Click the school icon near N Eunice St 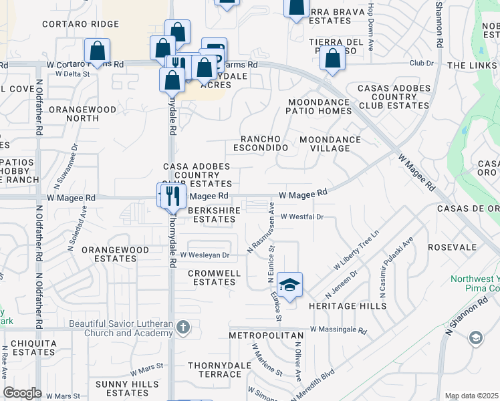pos(289,285)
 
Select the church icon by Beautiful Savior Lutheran pos(184,327)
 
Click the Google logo pos(22,393)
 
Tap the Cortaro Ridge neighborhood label pos(80,24)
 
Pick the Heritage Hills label pos(348,305)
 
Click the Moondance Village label pos(330,144)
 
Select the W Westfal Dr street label pos(301,217)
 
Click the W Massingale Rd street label pos(338,330)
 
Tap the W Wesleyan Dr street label pos(204,255)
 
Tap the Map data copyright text pos(472,396)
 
